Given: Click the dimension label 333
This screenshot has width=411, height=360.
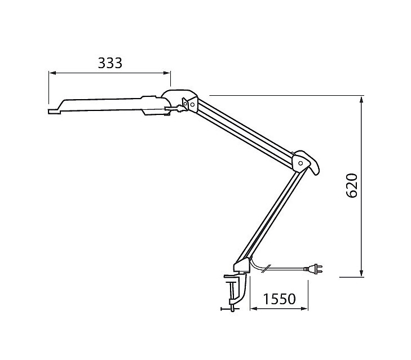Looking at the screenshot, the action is click(x=110, y=63).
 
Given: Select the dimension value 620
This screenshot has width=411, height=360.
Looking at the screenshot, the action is click(x=352, y=185).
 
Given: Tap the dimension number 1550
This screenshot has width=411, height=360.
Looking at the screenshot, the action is click(x=279, y=299).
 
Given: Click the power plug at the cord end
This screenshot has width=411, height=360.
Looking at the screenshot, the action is click(x=313, y=269).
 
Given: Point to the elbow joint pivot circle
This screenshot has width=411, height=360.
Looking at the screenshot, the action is click(x=300, y=163).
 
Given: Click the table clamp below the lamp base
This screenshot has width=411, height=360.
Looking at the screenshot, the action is click(x=234, y=291).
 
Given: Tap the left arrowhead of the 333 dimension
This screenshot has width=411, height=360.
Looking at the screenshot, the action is click(x=52, y=73).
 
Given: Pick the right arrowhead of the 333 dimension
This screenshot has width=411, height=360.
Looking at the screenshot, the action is click(x=167, y=73).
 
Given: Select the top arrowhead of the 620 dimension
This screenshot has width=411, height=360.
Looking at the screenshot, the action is click(x=361, y=100).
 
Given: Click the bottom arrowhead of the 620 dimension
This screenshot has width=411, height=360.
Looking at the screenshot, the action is click(x=361, y=273).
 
